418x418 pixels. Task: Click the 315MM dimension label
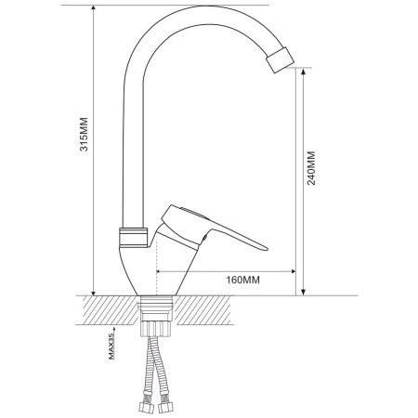(84, 134)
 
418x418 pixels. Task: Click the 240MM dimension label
(311, 168)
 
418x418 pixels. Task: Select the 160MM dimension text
(243, 280)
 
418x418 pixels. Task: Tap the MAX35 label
(111, 346)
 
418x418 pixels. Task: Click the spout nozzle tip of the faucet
(280, 60)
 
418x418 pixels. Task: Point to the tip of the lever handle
(266, 248)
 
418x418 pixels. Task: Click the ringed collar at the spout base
(133, 238)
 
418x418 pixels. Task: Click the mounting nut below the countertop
(155, 329)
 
